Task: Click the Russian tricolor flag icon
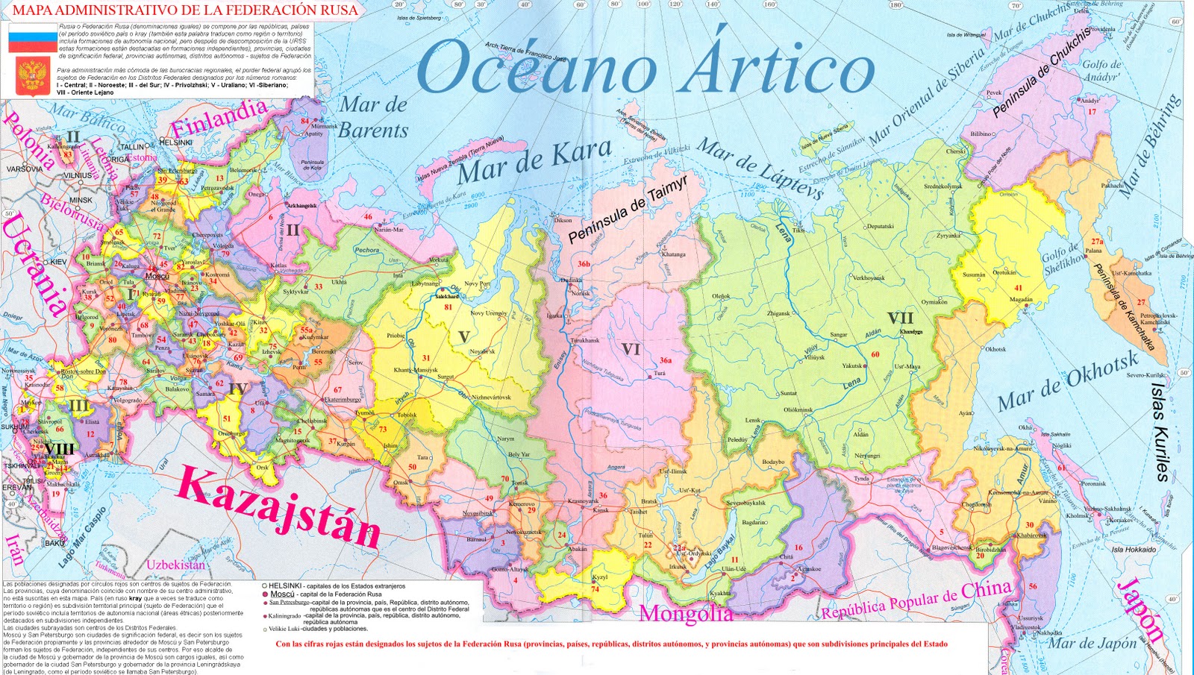(32, 37)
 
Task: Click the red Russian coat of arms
(32, 75)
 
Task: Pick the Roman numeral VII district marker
(900, 319)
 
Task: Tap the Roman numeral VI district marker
(631, 349)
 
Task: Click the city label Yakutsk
(851, 366)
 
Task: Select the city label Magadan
(1021, 300)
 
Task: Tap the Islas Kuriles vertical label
(1160, 433)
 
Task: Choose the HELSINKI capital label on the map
(176, 142)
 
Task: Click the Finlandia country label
(219, 118)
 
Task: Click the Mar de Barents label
(373, 118)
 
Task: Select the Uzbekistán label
(175, 565)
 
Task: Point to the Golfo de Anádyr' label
(1102, 70)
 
